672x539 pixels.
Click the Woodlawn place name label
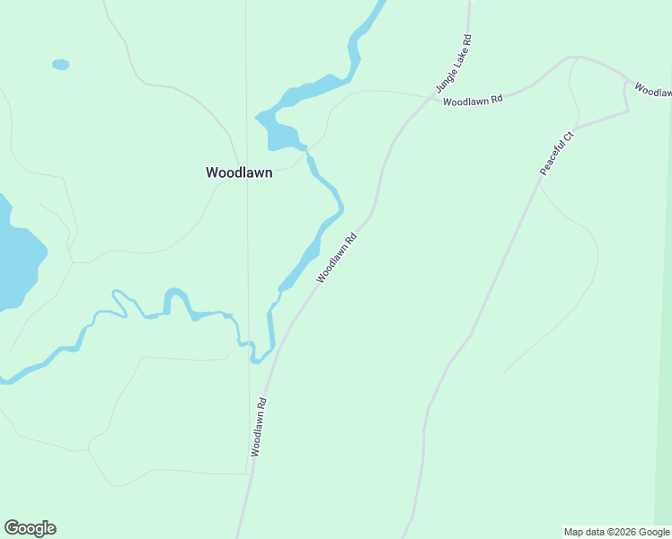[239, 173]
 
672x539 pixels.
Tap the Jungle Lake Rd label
[454, 64]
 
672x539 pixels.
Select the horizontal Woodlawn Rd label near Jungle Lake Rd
[473, 101]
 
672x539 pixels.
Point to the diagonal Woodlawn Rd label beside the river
[337, 259]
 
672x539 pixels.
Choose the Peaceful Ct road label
[556, 154]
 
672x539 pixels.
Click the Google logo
[30, 528]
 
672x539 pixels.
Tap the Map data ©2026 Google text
[616, 532]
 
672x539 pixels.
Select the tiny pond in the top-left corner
[60, 65]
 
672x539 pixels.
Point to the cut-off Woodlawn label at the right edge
[653, 90]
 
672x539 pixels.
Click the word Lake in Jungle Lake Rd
[456, 59]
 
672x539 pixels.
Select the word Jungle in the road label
[446, 79]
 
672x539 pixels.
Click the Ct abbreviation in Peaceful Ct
[568, 137]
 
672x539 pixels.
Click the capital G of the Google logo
[12, 528]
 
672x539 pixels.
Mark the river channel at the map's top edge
[378, 7]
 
